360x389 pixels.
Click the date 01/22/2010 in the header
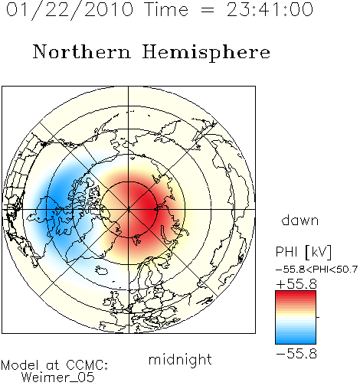[x=70, y=10]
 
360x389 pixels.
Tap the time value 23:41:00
[x=270, y=10]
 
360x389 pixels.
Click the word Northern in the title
[x=82, y=51]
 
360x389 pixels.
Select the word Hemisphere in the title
[x=206, y=53]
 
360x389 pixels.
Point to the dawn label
[x=300, y=221]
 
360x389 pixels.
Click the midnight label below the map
[x=180, y=360]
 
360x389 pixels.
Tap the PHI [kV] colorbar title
[x=303, y=252]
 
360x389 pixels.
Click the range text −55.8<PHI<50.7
[x=316, y=270]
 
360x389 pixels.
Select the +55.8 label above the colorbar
[x=296, y=284]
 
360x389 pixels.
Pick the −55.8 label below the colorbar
[x=296, y=354]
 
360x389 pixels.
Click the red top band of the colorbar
[x=296, y=294]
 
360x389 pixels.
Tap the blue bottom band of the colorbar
[x=296, y=341]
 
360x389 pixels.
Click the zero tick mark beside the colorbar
[x=318, y=317]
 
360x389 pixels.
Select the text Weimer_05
[x=58, y=378]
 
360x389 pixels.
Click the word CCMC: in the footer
[x=87, y=365]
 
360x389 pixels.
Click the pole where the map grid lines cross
[x=129, y=210]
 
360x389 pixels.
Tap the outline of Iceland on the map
[x=101, y=270]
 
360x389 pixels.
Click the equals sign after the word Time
[x=207, y=10]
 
